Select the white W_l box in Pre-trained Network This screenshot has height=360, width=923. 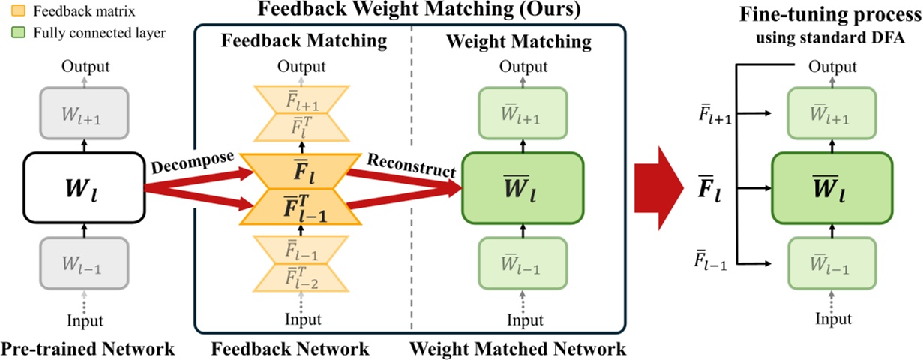tap(83, 189)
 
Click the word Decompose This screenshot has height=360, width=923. tap(193, 163)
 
